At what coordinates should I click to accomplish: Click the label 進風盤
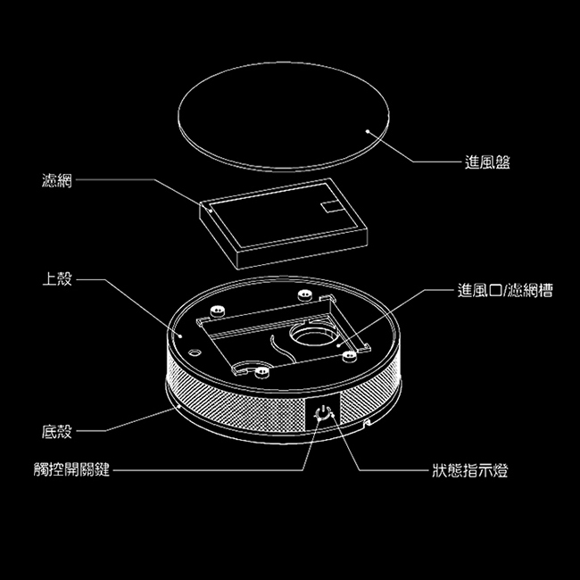[487, 162]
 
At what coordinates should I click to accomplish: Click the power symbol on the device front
[324, 414]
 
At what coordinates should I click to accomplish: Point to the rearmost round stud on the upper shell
[304, 294]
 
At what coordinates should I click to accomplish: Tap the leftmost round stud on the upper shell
[214, 311]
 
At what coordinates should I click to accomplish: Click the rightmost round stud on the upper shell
[351, 354]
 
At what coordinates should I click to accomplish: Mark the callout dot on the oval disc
[369, 129]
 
